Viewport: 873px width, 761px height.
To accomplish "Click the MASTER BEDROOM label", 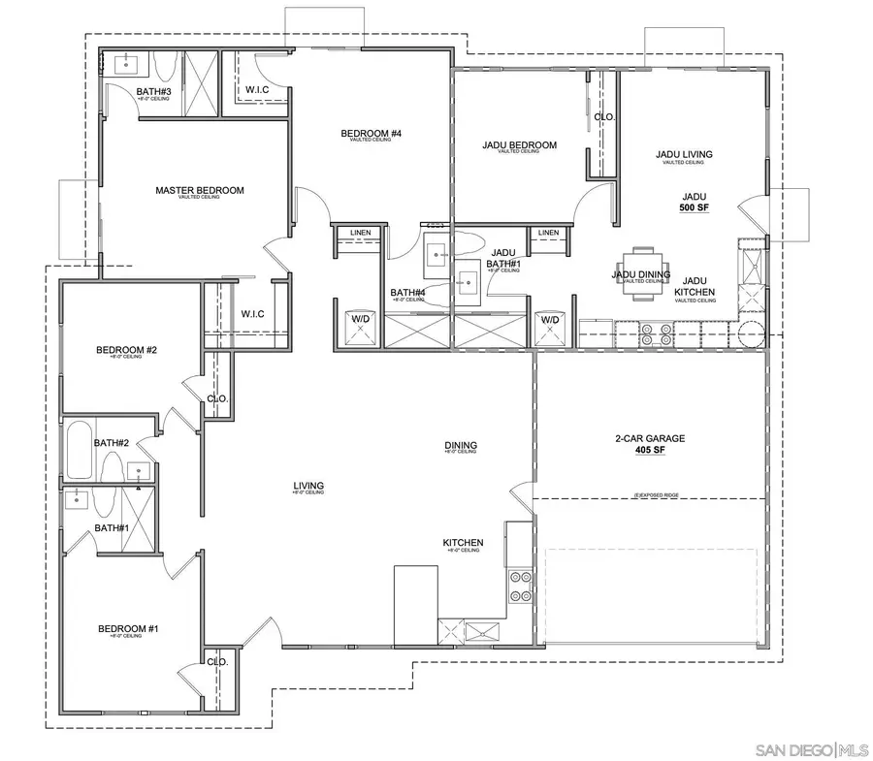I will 200,190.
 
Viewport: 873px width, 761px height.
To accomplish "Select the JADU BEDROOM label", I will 519,145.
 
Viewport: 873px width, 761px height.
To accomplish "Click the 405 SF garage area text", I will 650,450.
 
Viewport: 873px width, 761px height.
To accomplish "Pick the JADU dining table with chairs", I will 642,275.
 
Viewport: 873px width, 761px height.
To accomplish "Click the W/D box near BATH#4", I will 360,325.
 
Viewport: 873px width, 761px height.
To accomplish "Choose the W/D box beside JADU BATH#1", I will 550,325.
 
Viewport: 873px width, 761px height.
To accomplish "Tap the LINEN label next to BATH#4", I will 360,233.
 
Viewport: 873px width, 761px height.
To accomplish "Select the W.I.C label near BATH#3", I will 256,90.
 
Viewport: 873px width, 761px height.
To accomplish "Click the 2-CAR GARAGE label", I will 650,438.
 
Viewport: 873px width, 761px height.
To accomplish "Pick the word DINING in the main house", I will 461,446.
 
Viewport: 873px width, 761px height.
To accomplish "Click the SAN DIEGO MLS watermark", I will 810,749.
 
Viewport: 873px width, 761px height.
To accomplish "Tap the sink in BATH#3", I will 127,65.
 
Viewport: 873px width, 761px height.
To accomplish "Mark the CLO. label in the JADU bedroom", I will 604,116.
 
